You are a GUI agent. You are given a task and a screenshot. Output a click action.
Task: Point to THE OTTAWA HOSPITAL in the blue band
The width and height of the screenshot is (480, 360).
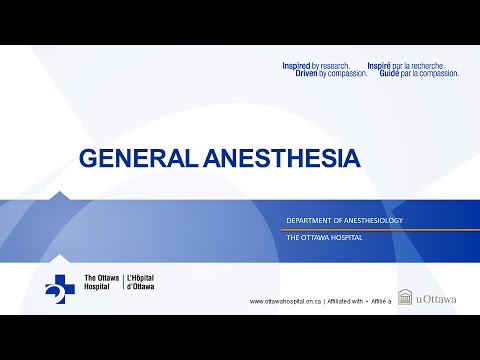[323, 238]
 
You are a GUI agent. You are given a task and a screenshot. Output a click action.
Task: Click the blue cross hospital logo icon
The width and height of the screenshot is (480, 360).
[58, 284]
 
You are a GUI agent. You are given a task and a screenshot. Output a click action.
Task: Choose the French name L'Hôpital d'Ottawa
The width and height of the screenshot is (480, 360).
[141, 281]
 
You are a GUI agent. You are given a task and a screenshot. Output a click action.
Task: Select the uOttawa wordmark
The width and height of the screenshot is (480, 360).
[437, 298]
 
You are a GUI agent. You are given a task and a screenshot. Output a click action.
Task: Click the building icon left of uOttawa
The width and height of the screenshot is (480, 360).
[405, 297]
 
